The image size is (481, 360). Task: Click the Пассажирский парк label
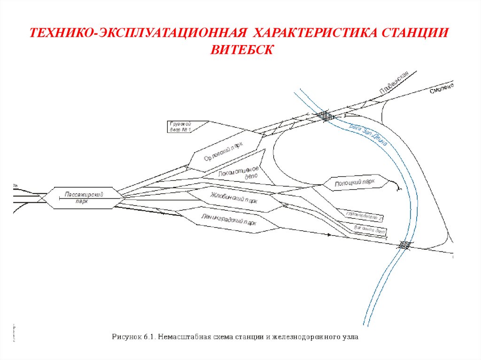[x=84, y=197]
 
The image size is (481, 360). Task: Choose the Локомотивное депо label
[x=239, y=174]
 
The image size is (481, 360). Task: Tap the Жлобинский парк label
[x=234, y=197]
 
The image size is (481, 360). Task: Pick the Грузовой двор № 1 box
[x=182, y=127]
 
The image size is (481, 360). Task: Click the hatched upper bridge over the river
[x=325, y=116]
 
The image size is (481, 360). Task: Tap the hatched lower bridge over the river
[x=404, y=245]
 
